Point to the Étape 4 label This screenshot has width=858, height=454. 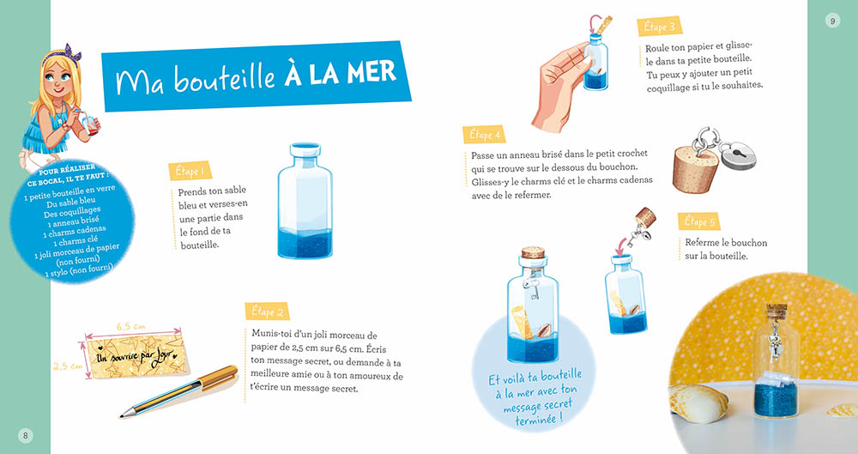pos(486,135)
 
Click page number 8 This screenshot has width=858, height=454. pos(26,435)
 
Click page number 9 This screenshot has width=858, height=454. pos(831,21)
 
